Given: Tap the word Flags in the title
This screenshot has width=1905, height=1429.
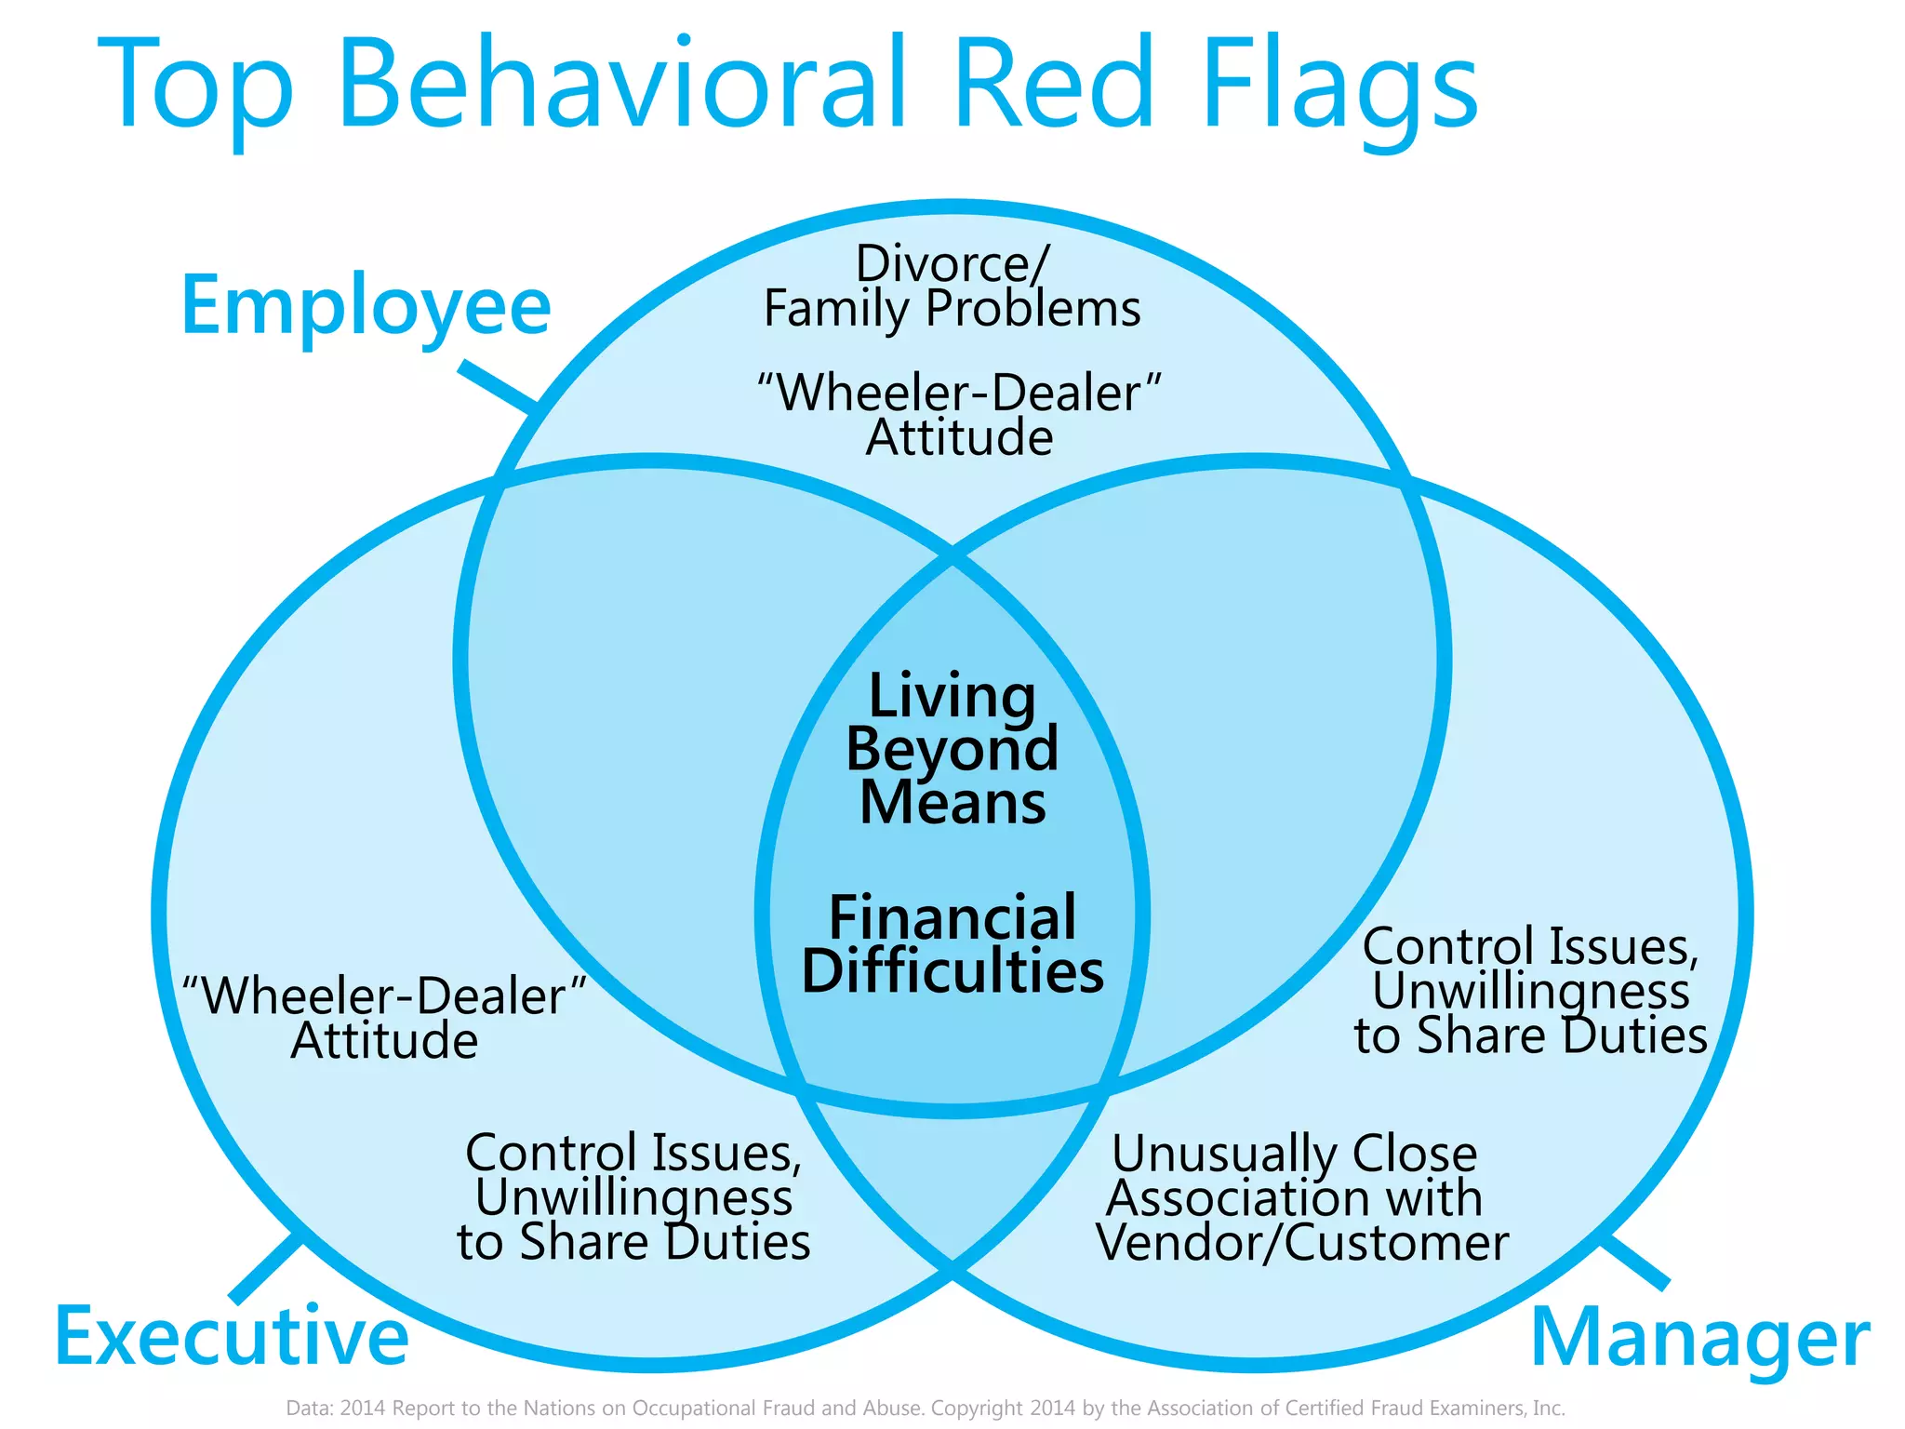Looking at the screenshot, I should coord(1339,88).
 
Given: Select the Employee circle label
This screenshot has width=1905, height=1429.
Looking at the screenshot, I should coord(366,307).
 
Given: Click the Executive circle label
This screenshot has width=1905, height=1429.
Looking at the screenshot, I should coord(232,1336).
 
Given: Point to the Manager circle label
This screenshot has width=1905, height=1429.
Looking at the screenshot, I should coord(1699,1338).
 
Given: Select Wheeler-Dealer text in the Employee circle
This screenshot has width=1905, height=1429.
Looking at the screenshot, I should coord(959,393).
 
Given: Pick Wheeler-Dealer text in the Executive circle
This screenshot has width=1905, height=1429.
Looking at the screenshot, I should coord(384,995).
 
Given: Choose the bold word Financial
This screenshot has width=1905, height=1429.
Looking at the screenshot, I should coord(952,917).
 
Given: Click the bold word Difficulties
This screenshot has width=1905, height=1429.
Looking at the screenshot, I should coord(952,971).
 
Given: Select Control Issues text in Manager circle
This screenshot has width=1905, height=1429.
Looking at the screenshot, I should coord(1530,947).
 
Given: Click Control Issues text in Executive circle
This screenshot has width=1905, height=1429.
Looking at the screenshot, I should coord(633,1154).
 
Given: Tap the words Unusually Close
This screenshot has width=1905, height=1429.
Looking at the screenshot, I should coord(1294,1154).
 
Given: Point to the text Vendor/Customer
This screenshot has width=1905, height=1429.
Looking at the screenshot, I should coord(1301,1243).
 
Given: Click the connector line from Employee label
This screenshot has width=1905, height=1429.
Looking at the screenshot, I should coord(499,385).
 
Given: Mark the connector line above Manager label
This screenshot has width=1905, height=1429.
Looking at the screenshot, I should coord(1634,1262).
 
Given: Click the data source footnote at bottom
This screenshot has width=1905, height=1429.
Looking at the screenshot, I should coord(926,1408).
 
